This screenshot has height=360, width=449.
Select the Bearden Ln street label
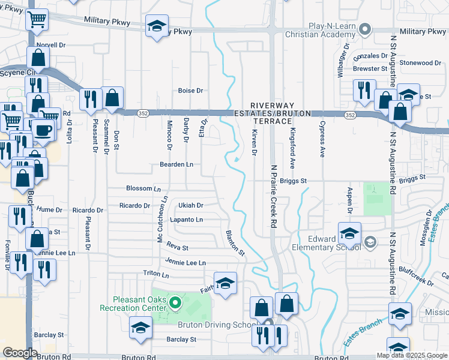click(x=176, y=164)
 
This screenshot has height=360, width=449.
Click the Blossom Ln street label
click(x=143, y=188)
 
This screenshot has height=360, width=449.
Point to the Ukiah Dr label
click(x=191, y=205)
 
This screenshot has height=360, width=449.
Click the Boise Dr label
click(x=191, y=91)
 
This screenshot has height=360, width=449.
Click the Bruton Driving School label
click(x=212, y=325)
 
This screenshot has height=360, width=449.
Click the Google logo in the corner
click(x=20, y=353)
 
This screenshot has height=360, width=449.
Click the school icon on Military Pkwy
click(x=157, y=26)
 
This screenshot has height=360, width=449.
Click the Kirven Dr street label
click(x=255, y=144)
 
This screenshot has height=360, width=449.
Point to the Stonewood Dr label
click(x=420, y=63)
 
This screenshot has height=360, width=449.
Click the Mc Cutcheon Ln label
click(x=160, y=221)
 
